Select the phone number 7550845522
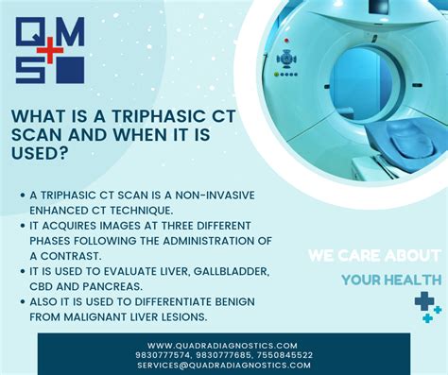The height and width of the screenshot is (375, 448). point(281,354)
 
